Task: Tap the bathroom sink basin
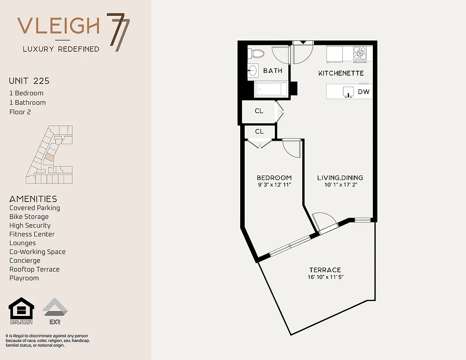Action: [252, 70]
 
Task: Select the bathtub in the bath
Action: [271, 89]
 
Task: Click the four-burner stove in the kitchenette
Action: [359, 54]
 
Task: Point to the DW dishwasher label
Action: [363, 92]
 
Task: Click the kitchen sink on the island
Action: [348, 92]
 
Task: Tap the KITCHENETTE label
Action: [341, 73]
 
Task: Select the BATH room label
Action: [273, 71]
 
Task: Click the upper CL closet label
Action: [259, 111]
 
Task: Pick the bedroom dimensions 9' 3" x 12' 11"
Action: [274, 184]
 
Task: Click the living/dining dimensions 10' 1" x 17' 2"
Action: [340, 184]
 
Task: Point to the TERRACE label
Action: [324, 270]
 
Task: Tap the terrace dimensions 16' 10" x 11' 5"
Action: [326, 277]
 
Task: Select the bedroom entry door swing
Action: [291, 148]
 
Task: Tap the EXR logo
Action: [55, 311]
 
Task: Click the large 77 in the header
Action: [118, 32]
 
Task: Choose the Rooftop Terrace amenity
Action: [34, 270]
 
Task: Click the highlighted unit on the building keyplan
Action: [49, 158]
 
